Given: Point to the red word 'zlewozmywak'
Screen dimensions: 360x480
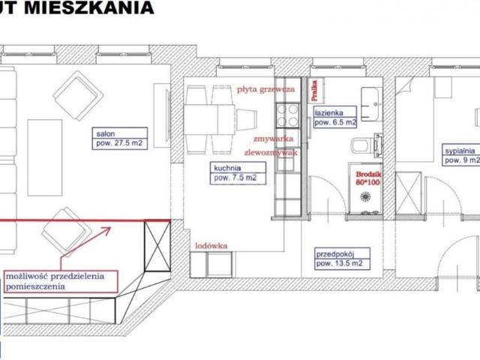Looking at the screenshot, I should click(x=279, y=151).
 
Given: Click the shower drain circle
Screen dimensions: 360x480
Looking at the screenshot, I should click(x=367, y=197).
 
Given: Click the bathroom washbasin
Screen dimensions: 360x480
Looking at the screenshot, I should click(x=369, y=98).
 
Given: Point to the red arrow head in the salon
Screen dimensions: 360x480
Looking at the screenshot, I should click(x=106, y=229).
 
